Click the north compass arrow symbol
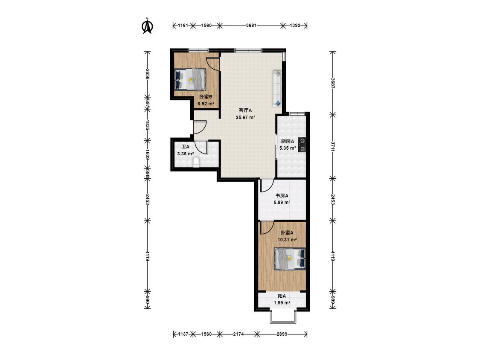(148, 26)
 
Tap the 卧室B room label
(206, 97)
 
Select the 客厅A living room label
(245, 110)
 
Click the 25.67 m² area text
(245, 117)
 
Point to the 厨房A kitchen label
(288, 142)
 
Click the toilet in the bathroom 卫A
(196, 163)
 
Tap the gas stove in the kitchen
(302, 145)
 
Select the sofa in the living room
(277, 88)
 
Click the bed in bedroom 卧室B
(190, 79)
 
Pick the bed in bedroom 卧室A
(290, 259)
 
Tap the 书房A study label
(282, 196)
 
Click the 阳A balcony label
(282, 296)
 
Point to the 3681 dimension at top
(251, 26)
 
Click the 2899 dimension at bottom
(282, 334)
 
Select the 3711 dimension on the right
(333, 147)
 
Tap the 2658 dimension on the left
(148, 75)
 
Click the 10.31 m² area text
(287, 240)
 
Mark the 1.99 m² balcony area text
(282, 303)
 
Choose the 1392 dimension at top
(295, 26)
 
